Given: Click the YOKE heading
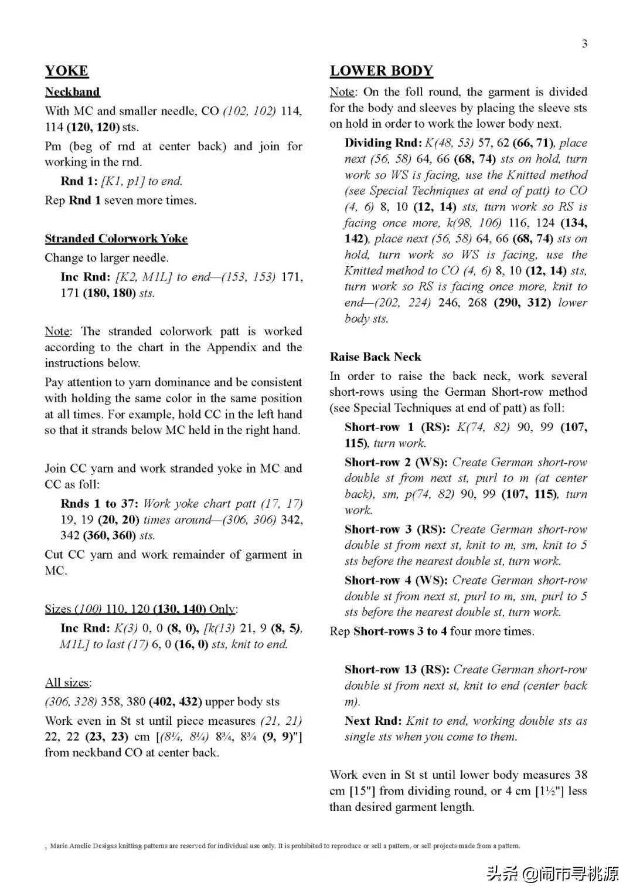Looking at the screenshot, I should point(67,71).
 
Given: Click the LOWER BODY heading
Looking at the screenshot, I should point(381,71).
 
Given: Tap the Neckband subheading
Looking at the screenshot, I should point(73,91).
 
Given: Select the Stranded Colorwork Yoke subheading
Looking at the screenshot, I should point(116,238).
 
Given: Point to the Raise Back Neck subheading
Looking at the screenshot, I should point(375,357).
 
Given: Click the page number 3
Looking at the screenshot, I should point(584,43).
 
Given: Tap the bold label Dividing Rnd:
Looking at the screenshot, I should point(383,142).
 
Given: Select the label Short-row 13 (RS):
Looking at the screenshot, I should point(397,669).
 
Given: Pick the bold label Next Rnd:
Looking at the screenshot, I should point(373,721).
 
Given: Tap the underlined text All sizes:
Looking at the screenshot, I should point(68,683).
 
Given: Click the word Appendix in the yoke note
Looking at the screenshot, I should point(231,347).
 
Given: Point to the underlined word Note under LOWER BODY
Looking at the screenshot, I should point(342,92).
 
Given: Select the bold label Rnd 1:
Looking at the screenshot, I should point(79,181).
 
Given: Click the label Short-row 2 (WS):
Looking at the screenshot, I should point(396,462).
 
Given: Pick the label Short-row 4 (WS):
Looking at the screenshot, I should point(396,580).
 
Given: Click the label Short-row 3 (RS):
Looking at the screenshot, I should point(396,529).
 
